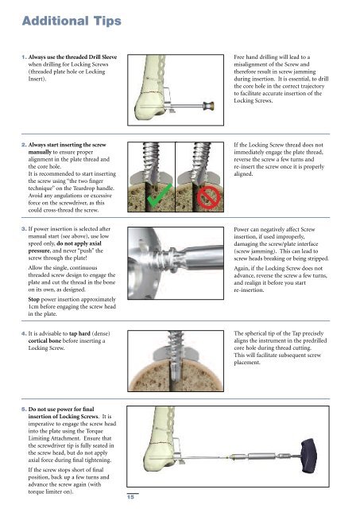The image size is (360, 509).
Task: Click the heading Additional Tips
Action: [72, 21]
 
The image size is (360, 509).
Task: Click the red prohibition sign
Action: [208, 197]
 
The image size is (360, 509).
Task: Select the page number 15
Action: [130, 496]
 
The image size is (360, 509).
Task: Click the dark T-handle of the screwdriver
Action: [311, 455]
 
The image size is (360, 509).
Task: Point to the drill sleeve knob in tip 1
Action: [208, 106]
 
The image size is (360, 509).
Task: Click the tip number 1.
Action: [24, 57]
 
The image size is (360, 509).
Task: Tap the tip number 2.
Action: [24, 145]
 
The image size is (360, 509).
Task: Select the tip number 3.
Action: [24, 229]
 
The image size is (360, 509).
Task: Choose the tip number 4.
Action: [24, 333]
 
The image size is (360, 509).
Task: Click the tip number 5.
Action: [24, 409]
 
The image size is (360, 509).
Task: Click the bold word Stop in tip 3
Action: [33, 299]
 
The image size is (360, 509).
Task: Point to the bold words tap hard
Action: [79, 333]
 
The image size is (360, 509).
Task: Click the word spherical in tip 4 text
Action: [257, 333]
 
